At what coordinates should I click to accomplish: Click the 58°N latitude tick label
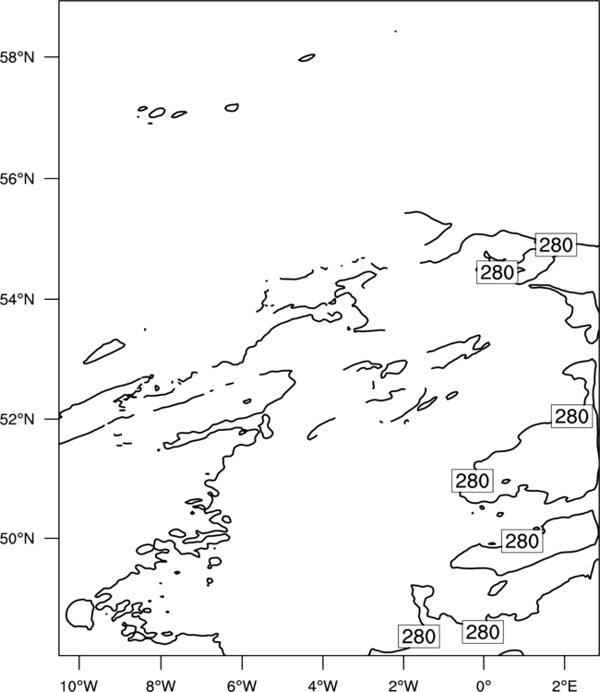17,57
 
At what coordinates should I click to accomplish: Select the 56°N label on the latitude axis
17,179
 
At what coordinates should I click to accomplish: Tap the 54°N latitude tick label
17,300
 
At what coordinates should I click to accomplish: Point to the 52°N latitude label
17,419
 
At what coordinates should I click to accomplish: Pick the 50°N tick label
17,539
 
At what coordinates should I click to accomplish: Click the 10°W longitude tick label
79,686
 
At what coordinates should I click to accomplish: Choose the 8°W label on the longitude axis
161,686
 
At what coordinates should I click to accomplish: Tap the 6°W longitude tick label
242,686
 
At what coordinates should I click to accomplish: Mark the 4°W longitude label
323,686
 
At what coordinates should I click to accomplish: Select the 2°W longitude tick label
403,686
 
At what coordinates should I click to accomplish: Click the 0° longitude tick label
484,686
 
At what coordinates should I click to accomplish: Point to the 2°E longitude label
565,686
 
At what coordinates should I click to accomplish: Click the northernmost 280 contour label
556,245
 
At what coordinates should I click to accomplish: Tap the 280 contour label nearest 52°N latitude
571,416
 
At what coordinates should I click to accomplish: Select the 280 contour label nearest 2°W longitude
418,637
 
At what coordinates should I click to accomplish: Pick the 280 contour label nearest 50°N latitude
522,541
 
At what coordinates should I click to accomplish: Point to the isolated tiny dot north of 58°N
396,31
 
